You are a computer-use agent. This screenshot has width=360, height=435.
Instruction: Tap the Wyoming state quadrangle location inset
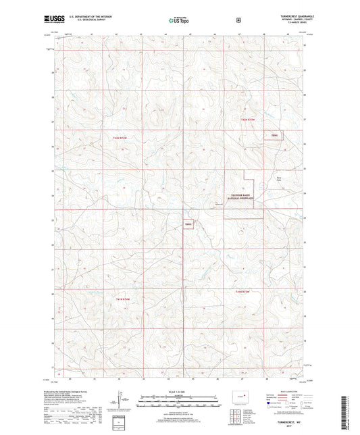coord(240,394)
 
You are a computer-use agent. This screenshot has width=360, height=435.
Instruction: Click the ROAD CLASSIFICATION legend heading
coord(284,390)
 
